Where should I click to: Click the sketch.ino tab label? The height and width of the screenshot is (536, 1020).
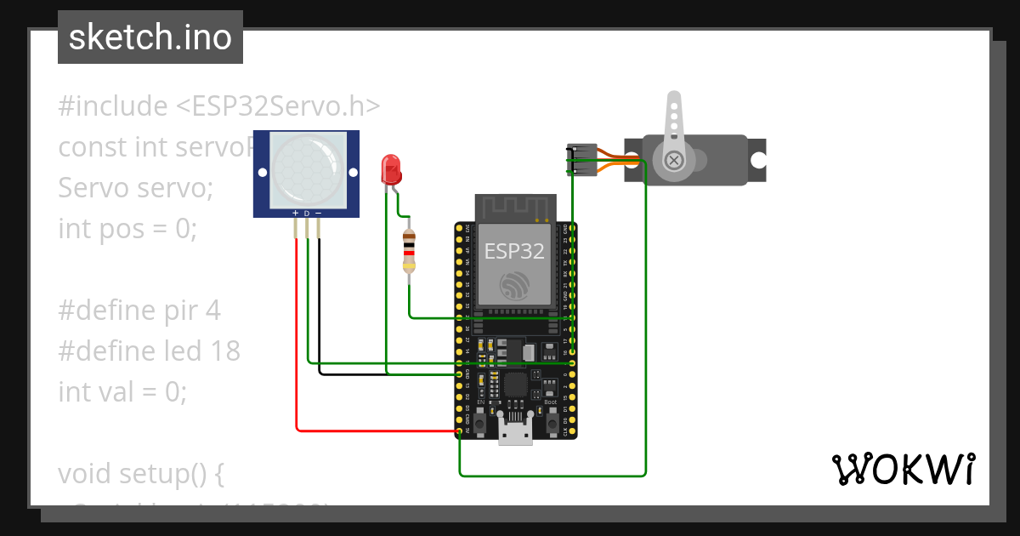150,37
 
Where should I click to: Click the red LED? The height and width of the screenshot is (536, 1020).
391,168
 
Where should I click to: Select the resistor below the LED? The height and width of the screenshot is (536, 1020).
410,252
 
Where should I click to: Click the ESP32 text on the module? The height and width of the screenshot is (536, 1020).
514,250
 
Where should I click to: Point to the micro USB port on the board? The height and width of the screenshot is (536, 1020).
515,431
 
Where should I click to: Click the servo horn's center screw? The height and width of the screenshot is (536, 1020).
674,160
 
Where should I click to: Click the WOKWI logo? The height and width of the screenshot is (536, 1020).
903,469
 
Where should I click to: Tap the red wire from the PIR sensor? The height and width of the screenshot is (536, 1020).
297,340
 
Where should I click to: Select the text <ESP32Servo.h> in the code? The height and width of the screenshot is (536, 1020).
278,106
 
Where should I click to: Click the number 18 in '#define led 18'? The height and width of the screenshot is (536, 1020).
226,351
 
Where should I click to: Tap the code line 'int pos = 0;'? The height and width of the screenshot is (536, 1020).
127,228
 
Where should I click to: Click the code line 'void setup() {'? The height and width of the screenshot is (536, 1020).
140,473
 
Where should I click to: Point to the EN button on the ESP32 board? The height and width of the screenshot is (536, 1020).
479,420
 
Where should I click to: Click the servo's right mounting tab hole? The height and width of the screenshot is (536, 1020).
756,159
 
